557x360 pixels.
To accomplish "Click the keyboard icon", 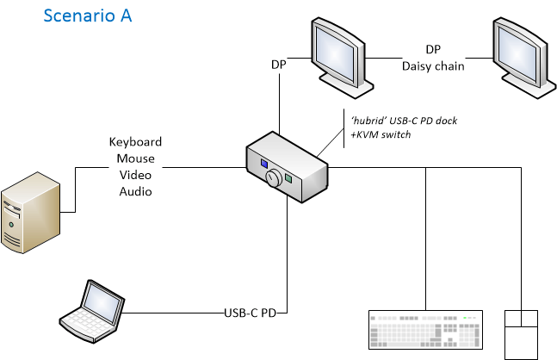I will click(425, 330).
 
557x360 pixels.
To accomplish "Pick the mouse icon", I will click(520, 334).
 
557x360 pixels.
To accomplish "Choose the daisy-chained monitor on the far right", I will click(522, 55).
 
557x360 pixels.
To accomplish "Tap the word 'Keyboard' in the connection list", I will click(135, 142).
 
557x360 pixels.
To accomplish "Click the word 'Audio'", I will click(135, 191).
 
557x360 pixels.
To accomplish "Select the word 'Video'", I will click(135, 175).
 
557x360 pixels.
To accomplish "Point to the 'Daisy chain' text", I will click(433, 65).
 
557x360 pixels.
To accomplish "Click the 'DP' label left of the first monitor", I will click(278, 65).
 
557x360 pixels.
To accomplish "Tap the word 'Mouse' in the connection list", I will click(135, 158).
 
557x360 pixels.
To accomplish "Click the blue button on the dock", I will click(262, 164).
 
